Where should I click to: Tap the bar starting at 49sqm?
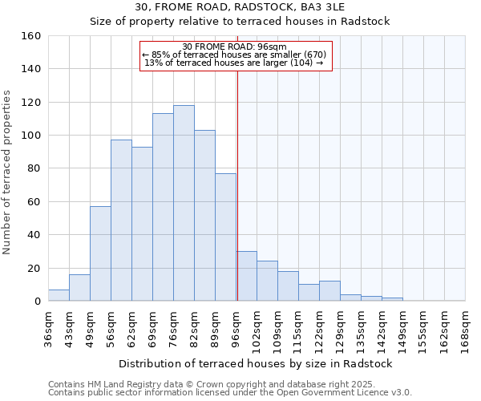(100, 253)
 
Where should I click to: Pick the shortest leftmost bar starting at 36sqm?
(59, 295)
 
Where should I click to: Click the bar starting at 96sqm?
(247, 276)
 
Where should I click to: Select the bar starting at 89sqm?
(225, 237)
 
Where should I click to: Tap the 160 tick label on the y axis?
(30, 36)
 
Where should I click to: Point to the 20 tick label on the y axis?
(34, 268)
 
